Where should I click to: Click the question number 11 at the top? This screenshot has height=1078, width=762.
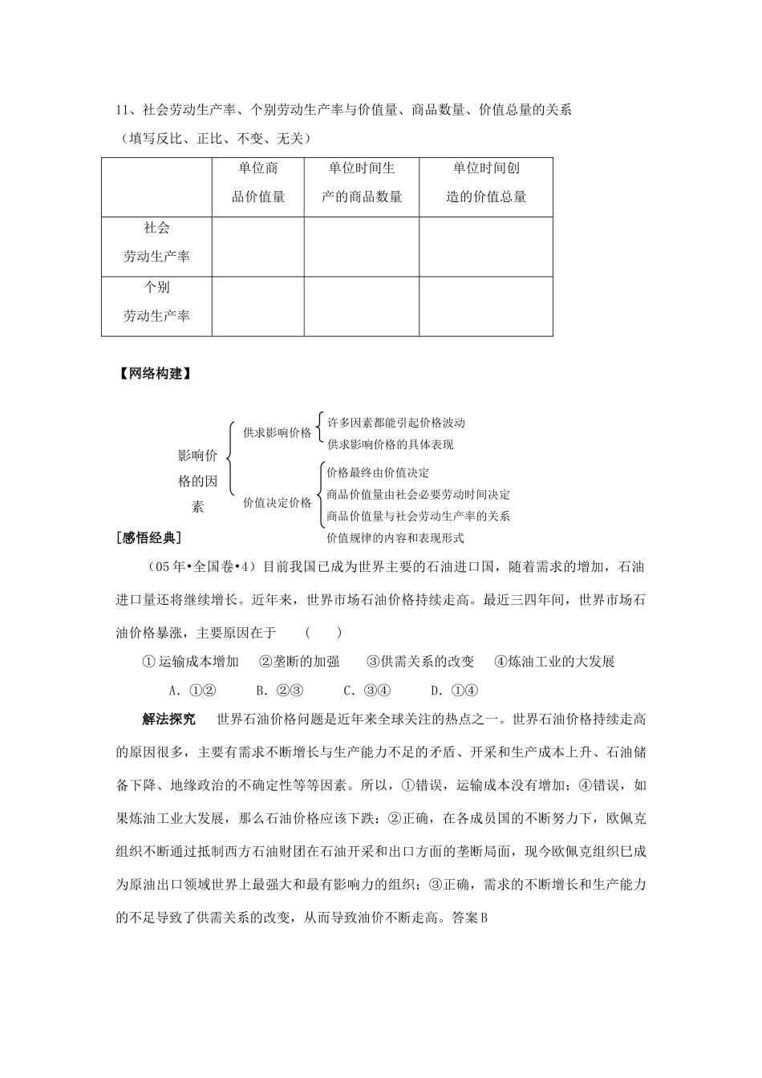click(x=123, y=111)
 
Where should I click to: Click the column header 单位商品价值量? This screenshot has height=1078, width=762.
click(x=258, y=182)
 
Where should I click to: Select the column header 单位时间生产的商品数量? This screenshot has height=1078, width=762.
click(x=362, y=182)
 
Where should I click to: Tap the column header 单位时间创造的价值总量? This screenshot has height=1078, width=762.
click(x=486, y=182)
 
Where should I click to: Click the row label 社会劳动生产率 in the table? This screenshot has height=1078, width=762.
click(x=156, y=242)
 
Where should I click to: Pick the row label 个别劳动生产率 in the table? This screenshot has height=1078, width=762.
click(x=156, y=302)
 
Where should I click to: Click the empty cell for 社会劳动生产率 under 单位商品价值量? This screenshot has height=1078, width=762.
click(x=258, y=246)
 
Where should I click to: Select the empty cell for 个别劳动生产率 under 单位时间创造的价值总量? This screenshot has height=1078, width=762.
click(x=486, y=306)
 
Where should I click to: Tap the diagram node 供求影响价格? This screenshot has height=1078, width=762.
click(x=277, y=432)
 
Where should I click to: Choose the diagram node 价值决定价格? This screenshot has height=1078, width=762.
click(x=277, y=503)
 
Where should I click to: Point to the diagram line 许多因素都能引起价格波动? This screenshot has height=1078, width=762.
click(x=396, y=423)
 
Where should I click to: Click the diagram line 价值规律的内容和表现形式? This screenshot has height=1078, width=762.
click(x=395, y=538)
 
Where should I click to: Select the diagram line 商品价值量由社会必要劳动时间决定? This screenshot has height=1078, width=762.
click(x=418, y=495)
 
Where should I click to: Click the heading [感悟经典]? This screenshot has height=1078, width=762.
click(x=149, y=537)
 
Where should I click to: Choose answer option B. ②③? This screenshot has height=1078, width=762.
click(x=278, y=691)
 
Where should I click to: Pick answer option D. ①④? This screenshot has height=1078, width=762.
click(x=454, y=691)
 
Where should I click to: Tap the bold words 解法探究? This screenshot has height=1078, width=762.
click(x=169, y=719)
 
